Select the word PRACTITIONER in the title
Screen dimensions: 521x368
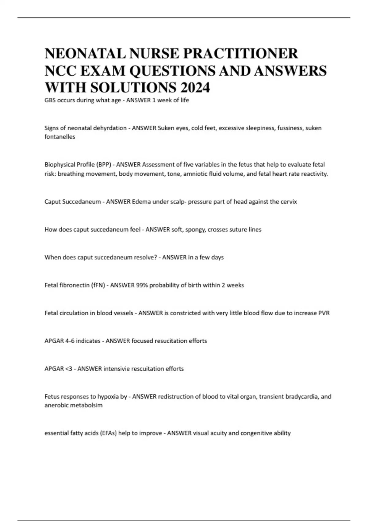pos(240,54)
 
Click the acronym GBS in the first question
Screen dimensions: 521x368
pos(50,100)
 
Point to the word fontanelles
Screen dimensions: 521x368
pos(60,137)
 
